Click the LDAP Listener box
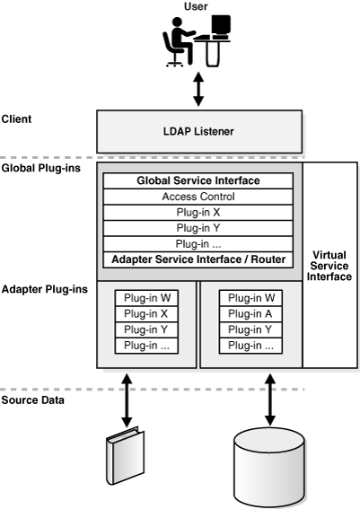pyautogui.click(x=198, y=132)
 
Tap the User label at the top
pyautogui.click(x=196, y=6)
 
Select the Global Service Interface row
pyautogui.click(x=198, y=181)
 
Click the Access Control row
pyautogui.click(x=198, y=197)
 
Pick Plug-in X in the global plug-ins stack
pyautogui.click(x=198, y=213)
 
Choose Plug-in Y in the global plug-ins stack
pyautogui.click(x=198, y=228)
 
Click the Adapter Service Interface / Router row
pyautogui.click(x=198, y=260)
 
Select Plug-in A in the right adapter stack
pyautogui.click(x=250, y=313)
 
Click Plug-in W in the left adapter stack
pyautogui.click(x=148, y=298)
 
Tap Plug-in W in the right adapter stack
pyautogui.click(x=250, y=298)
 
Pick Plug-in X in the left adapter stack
pyautogui.click(x=148, y=313)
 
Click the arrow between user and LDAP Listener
pyautogui.click(x=198, y=90)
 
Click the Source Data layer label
pyautogui.click(x=32, y=399)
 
